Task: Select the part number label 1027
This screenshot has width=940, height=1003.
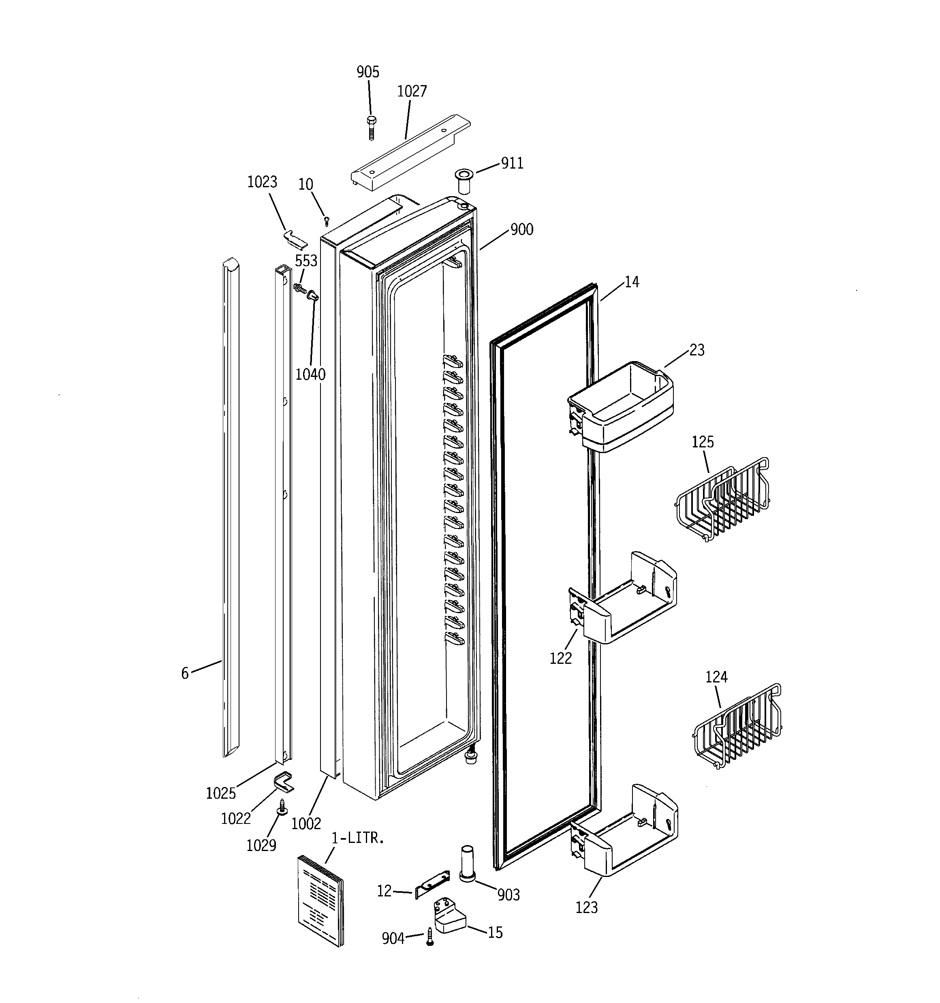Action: click(412, 91)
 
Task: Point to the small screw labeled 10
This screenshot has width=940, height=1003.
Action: click(327, 220)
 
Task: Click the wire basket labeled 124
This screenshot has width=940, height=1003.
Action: click(737, 727)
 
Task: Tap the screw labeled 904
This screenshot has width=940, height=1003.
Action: click(430, 937)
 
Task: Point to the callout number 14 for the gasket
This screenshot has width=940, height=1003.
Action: click(632, 282)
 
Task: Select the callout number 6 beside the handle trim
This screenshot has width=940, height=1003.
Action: click(185, 673)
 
